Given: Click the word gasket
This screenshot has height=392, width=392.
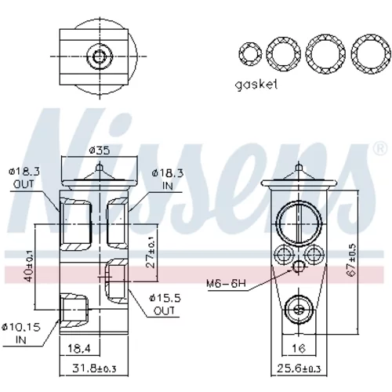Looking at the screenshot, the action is click(256, 85).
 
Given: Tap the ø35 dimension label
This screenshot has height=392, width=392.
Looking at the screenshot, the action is click(100, 151).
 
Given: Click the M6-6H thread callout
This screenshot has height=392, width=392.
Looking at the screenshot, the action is click(226, 283).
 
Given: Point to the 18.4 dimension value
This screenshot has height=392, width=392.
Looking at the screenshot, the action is click(79, 348).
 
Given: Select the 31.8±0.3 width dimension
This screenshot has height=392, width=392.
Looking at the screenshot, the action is click(94, 368).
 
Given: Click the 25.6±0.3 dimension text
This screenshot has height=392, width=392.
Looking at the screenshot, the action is click(299, 368).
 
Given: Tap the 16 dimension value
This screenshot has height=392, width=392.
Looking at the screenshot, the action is click(299, 348).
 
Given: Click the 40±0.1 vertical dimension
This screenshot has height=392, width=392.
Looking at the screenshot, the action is click(29, 266).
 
